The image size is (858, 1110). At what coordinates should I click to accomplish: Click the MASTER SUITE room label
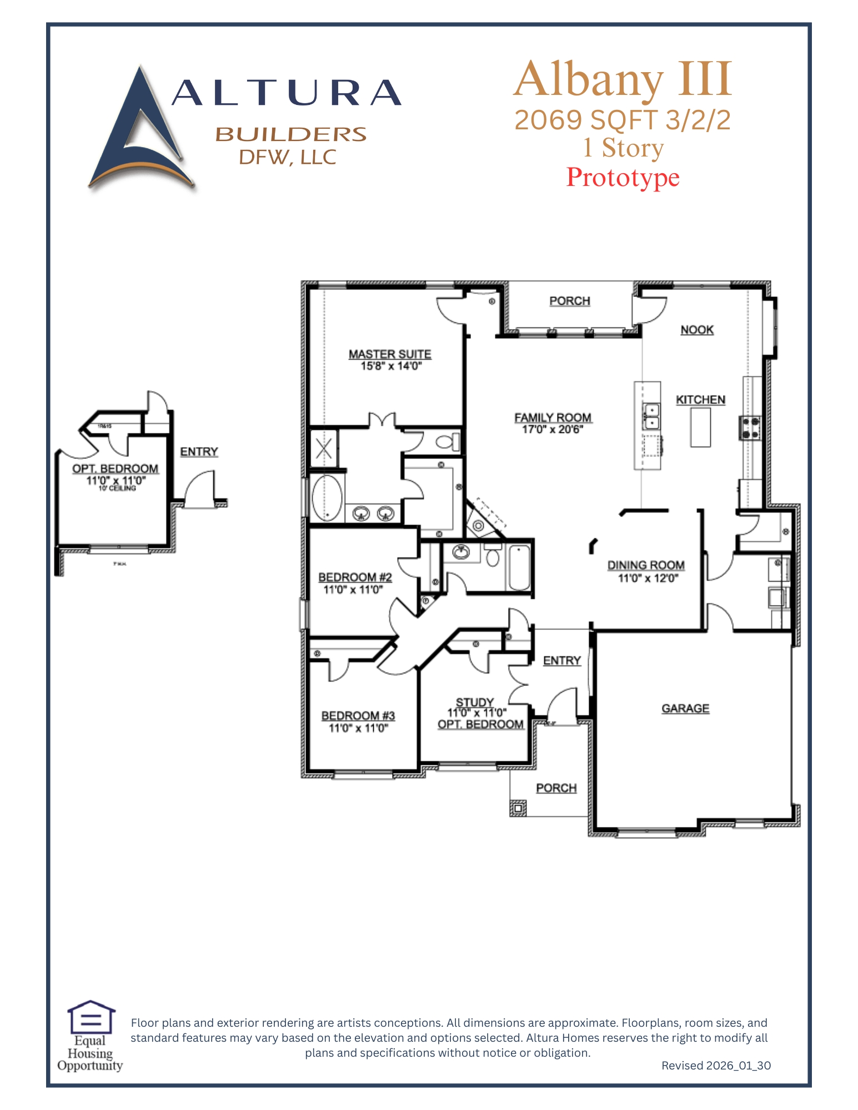pos(390,354)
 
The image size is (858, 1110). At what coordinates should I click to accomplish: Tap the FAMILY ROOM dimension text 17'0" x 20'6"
pos(553,430)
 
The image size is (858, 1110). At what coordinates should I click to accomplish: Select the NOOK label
pos(697,330)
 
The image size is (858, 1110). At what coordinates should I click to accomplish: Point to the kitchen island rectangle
pos(700,427)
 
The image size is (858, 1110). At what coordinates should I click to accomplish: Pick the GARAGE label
pos(685,708)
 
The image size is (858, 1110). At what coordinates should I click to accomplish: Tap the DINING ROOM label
pos(646,565)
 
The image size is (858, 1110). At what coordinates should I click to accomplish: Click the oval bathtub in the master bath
pos(327,498)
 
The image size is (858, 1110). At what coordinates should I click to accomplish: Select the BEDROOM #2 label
pos(355,577)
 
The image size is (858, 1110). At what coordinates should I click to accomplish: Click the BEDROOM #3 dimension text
pos(358,728)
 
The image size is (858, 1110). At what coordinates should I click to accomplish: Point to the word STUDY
pos(475,702)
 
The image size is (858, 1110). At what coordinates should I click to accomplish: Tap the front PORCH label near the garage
pos(556,788)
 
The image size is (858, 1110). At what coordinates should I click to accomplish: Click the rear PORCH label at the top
pos(570,301)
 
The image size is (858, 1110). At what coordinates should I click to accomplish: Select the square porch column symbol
pos(518,809)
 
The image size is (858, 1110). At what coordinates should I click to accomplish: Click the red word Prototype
pos(623,178)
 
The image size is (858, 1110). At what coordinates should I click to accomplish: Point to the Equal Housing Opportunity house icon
pos(91,1017)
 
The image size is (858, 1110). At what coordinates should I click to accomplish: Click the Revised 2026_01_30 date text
pos(716,1066)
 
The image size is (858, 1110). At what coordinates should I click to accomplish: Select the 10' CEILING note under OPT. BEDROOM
pos(117,488)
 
